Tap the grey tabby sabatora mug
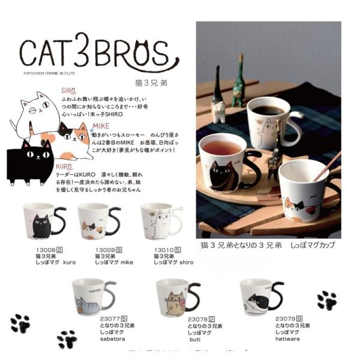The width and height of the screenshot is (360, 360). click(x=93, y=295)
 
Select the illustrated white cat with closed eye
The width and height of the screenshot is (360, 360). click(x=37, y=111)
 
